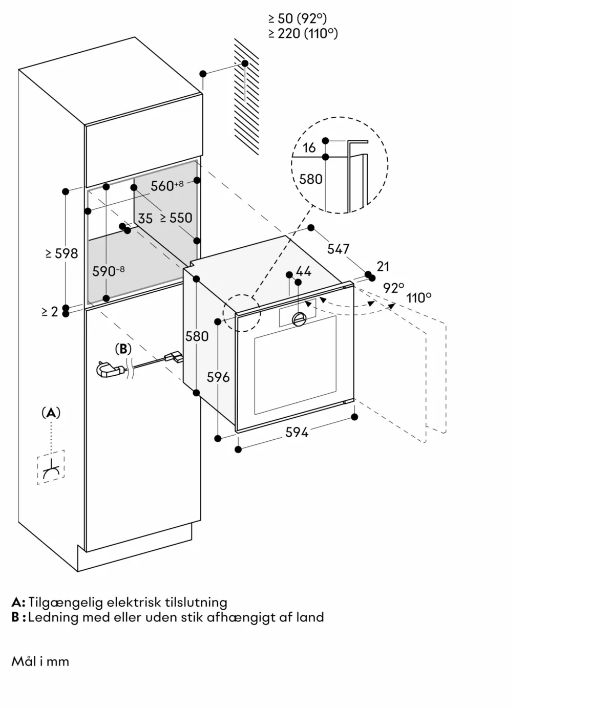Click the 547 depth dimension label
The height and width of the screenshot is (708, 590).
(338, 249)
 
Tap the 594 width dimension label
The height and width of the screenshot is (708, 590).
(297, 433)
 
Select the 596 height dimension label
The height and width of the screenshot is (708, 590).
(218, 377)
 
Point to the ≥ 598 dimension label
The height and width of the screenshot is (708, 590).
(61, 253)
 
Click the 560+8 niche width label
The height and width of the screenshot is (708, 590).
(166, 185)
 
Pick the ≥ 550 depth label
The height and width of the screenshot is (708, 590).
(176, 218)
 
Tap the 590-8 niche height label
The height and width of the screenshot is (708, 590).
(108, 271)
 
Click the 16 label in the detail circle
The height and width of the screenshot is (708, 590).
(309, 148)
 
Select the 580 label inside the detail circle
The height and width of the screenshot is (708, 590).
(311, 179)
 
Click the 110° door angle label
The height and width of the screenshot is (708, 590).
(419, 297)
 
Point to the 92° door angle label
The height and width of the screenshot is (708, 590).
(393, 288)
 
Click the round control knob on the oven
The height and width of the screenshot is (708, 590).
(299, 319)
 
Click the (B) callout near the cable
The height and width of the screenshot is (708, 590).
(123, 349)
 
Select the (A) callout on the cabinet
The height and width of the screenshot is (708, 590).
(51, 413)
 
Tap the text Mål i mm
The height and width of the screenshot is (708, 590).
(40, 661)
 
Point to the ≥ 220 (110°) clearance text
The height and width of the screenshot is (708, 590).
(303, 33)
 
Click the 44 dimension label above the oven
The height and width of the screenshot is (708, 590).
(303, 271)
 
